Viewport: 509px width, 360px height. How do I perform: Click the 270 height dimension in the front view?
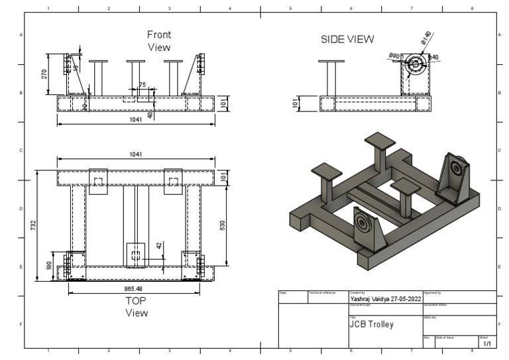[x=46, y=72]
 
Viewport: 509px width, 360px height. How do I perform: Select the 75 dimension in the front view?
[x=142, y=85]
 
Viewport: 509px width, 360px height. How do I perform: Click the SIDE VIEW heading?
[x=347, y=39]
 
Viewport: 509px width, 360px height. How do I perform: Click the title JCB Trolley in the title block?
[x=371, y=325]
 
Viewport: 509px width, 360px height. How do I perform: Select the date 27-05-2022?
[x=406, y=299]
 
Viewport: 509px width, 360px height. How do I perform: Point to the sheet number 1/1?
[x=487, y=344]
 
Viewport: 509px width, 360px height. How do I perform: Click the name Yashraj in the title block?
[x=363, y=299]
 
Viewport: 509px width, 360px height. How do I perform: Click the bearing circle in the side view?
[x=416, y=65]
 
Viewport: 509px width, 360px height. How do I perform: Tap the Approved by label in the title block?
[x=433, y=292]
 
